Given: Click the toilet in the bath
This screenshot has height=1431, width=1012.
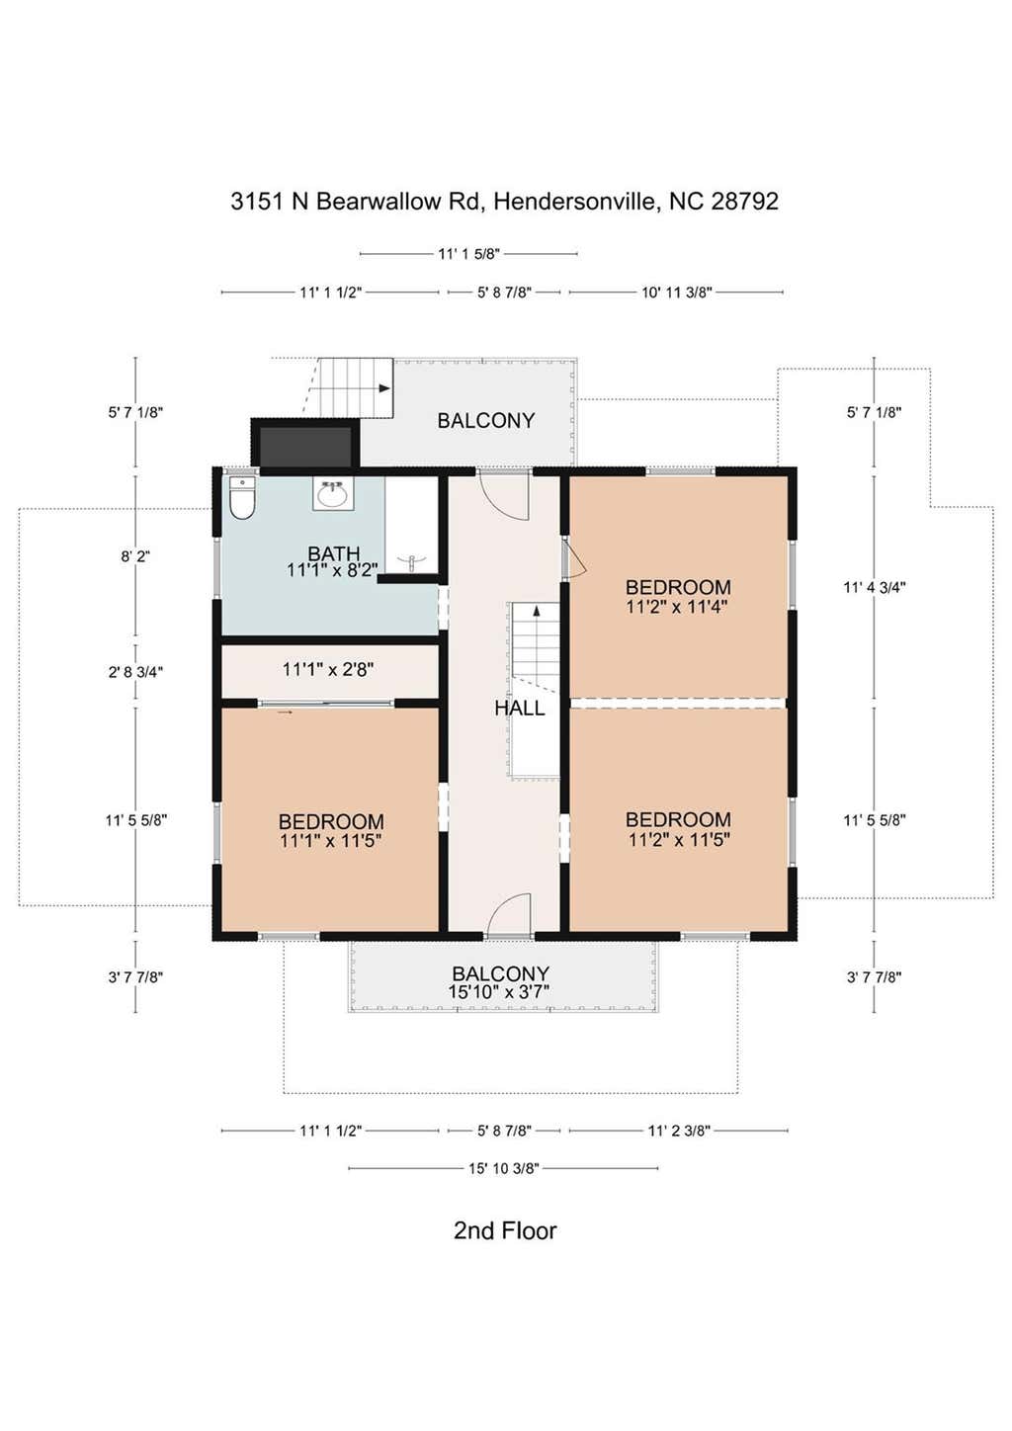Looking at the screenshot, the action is pos(242,498).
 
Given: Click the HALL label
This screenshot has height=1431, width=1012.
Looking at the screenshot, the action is pos(520,708).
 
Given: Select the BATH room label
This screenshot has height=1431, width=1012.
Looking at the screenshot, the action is pos(333,553).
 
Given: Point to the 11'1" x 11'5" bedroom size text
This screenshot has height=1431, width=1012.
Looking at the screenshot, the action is pos(330,840).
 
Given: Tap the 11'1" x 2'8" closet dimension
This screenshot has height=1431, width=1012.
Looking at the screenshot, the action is pos(328,669).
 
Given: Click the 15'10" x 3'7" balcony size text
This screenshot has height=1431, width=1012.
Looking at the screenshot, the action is pos(500,991).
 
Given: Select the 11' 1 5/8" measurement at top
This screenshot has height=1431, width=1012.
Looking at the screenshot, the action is pos(468,254).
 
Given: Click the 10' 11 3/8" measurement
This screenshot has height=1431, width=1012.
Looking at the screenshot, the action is pos(677,293).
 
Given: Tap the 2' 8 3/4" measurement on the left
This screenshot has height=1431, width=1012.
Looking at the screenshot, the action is pos(135,671).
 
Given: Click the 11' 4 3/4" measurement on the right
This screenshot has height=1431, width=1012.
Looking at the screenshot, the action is pos(874,587).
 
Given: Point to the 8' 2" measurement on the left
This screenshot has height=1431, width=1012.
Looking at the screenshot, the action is pos(135,555).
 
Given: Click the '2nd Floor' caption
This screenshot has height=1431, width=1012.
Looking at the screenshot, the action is pos(505,1231).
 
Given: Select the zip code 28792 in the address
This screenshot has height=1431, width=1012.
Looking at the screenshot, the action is pos(744,202).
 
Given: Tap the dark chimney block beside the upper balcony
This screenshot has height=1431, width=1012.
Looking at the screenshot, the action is pos(305,444).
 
